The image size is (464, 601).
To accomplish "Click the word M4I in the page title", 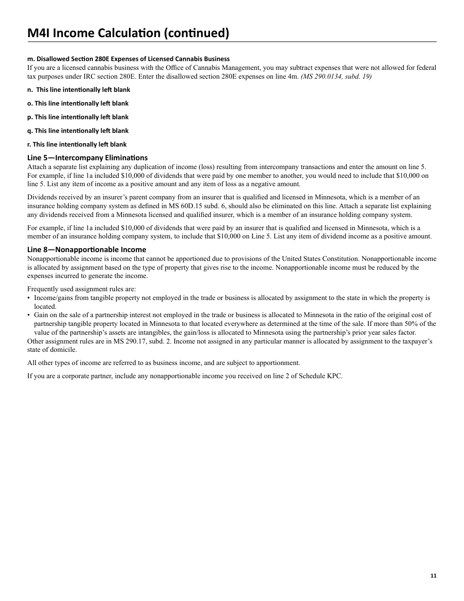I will point(38,33).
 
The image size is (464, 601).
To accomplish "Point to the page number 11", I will point(433,576).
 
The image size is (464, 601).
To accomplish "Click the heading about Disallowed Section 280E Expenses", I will point(128,59).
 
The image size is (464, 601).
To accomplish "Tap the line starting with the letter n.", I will point(79,90).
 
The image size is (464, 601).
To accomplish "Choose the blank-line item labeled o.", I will point(78,104).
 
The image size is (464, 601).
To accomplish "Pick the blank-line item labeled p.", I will point(78,117).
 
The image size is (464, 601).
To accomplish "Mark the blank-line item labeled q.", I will point(78,131).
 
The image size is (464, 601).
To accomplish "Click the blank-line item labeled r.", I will point(77,145).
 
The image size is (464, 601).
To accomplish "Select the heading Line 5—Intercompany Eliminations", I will point(87,157).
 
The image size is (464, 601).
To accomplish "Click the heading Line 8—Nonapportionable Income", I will point(86,250).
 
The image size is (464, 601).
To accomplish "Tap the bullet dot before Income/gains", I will point(29,298).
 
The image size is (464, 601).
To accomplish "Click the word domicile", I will point(62,350).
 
